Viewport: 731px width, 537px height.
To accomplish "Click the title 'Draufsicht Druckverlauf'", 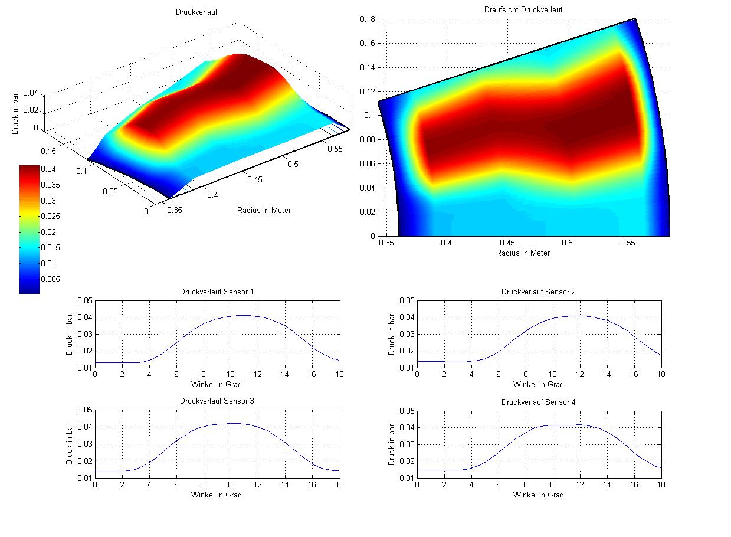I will coord(523,10).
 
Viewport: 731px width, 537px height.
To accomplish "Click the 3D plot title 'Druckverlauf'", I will coord(197,12).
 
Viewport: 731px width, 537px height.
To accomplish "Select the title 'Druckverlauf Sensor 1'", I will coord(217,292).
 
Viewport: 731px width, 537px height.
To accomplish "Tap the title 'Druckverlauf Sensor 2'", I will coord(539,292).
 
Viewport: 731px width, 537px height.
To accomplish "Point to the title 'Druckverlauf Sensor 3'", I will coord(217,401).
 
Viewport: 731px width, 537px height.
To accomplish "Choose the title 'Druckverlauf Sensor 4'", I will coord(539,402).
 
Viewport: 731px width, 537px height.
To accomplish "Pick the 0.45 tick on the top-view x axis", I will coord(507,243).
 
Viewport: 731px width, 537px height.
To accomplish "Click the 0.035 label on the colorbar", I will coord(50,185).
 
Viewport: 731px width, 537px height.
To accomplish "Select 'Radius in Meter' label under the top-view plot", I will coord(523,253).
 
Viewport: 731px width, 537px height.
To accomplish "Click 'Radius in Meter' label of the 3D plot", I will coord(264,210).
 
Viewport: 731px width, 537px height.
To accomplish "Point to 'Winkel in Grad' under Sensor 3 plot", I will coord(217,495).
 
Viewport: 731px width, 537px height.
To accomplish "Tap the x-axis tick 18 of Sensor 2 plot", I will coord(661,375).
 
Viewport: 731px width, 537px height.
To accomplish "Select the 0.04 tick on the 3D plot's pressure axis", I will coord(31,93).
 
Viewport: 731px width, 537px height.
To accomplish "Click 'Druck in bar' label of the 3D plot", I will coord(16,112).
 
